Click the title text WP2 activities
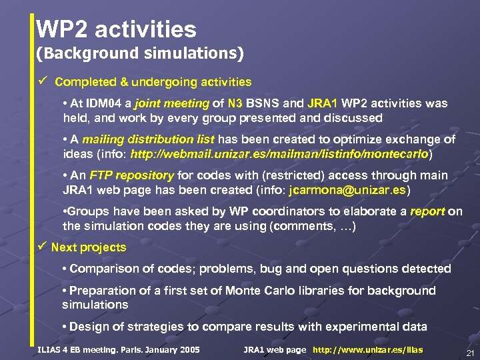(117, 29)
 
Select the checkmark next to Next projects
(42, 247)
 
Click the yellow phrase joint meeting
(172, 104)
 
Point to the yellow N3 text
(235, 104)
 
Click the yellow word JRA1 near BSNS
(323, 104)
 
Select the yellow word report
(427, 212)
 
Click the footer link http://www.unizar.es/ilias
(367, 350)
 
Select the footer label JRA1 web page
(275, 350)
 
